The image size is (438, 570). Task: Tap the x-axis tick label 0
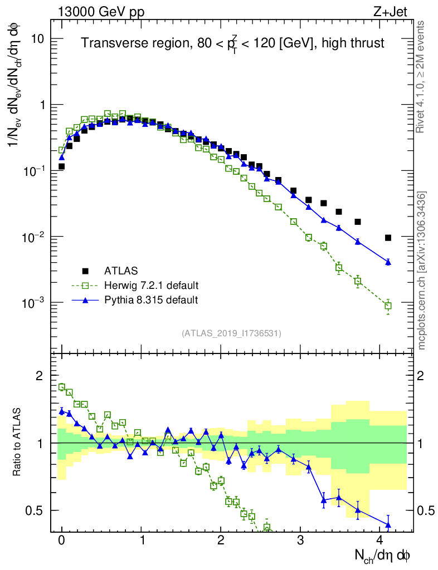[61, 540]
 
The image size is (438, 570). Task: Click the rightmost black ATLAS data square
[388, 238]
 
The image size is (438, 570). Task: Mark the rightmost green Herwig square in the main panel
[388, 306]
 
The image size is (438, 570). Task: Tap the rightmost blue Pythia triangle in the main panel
[388, 262]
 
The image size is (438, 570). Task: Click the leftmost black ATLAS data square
[61, 166]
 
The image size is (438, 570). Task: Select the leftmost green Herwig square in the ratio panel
[62, 387]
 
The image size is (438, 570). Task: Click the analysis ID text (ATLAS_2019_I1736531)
[231, 333]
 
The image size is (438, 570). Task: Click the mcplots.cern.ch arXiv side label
[421, 271]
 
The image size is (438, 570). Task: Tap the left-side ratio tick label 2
[40, 376]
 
